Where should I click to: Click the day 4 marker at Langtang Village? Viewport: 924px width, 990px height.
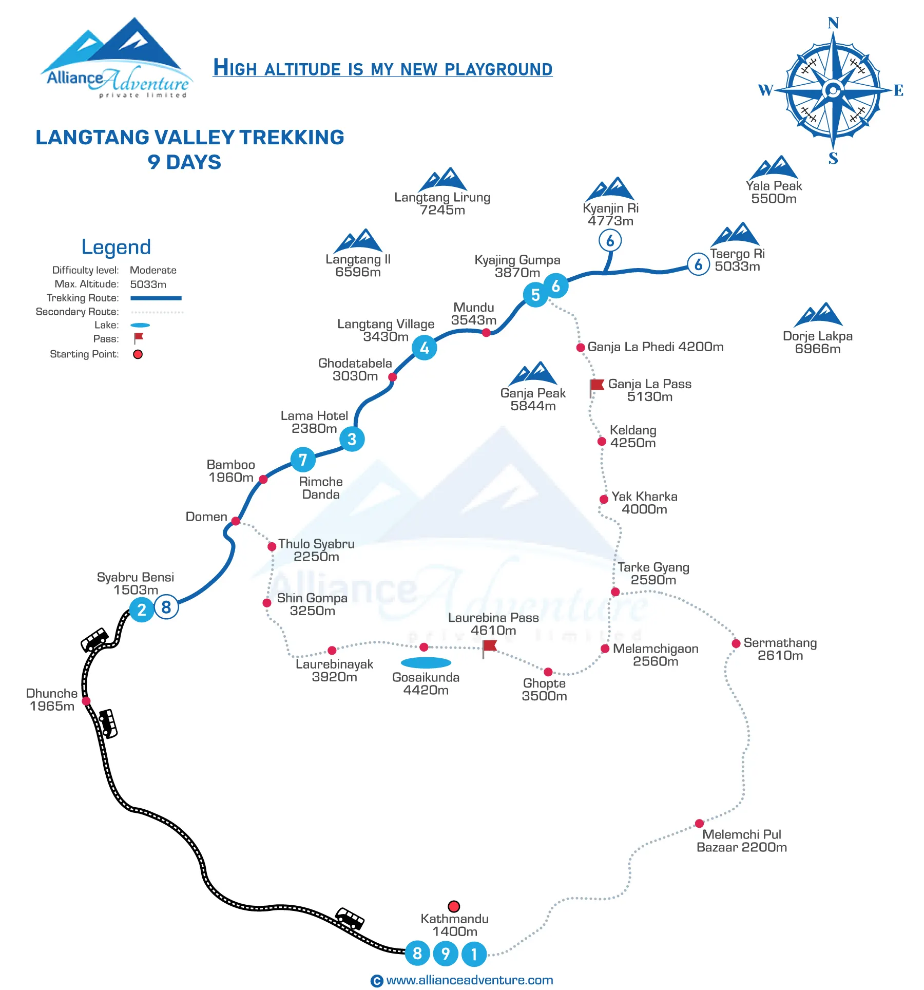click(425, 348)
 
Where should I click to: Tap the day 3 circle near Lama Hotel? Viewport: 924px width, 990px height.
click(352, 439)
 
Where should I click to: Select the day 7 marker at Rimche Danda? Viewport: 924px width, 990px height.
click(303, 460)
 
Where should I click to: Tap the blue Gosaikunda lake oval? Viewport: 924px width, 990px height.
click(426, 662)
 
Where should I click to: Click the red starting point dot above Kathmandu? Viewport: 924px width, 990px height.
click(454, 906)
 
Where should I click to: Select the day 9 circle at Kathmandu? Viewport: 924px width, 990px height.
click(446, 954)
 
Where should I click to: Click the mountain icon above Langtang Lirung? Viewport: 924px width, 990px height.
click(442, 179)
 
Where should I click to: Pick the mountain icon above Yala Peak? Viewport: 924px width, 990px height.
click(774, 167)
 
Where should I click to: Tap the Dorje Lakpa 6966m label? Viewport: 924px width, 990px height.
click(818, 342)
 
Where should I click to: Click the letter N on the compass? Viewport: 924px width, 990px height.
click(833, 23)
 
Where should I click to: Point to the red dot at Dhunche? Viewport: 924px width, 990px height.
click(86, 701)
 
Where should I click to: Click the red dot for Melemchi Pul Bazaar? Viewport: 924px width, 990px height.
click(699, 824)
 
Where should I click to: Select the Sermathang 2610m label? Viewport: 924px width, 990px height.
click(780, 649)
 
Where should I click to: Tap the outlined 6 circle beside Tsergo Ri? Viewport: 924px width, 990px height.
click(698, 264)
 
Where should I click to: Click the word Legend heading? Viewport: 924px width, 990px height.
click(116, 247)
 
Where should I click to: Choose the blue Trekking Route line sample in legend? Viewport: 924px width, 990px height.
click(156, 298)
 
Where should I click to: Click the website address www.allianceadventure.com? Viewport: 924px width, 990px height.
click(470, 980)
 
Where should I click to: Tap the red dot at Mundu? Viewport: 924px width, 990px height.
click(486, 333)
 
